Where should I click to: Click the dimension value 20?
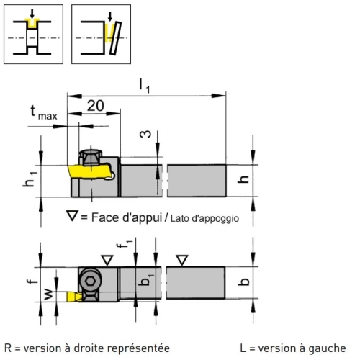96,106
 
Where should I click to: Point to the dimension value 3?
145,134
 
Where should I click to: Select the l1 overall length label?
145,86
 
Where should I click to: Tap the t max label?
44,113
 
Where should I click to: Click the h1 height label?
30,179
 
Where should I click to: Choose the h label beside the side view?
243,179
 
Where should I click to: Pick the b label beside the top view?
243,282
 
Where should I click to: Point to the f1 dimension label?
125,245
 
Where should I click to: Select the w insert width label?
48,294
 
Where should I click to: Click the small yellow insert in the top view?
74,297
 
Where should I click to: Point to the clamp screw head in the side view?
91,157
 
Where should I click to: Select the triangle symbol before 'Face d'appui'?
72,215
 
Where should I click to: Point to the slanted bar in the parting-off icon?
115,38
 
